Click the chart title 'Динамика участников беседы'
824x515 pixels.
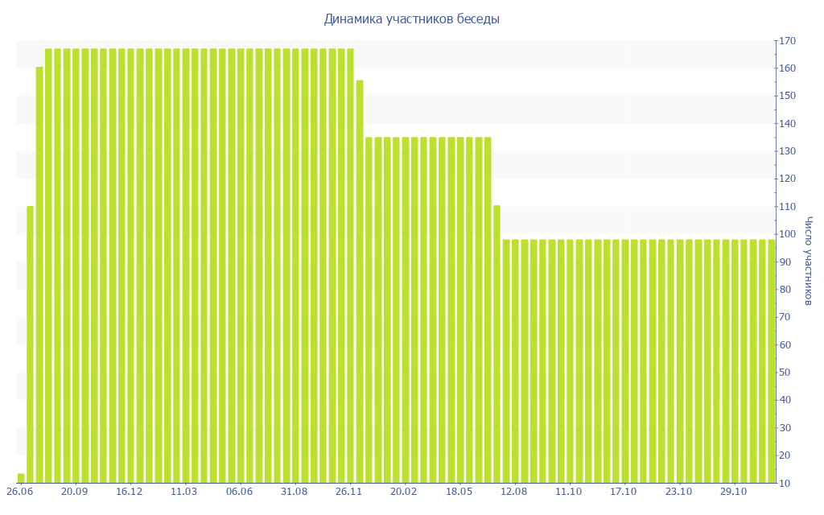[x=411, y=19]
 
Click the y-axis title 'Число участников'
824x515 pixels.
[x=809, y=261]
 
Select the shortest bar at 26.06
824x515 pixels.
[x=21, y=478]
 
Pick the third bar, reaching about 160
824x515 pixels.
[x=39, y=274]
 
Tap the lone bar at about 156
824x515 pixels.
[x=360, y=281]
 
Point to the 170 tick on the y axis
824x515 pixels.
[x=787, y=41]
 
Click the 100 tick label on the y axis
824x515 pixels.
[x=787, y=234]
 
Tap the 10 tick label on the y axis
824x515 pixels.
[x=785, y=483]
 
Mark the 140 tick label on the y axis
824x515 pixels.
[x=787, y=124]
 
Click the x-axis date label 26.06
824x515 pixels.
[x=19, y=492]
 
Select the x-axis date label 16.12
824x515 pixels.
[x=130, y=492]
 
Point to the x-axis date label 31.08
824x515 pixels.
[x=295, y=492]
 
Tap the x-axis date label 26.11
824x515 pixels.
[x=349, y=492]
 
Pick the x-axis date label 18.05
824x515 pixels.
[x=459, y=492]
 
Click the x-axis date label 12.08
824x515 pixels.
[x=514, y=492]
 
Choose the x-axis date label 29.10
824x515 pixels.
[x=734, y=492]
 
